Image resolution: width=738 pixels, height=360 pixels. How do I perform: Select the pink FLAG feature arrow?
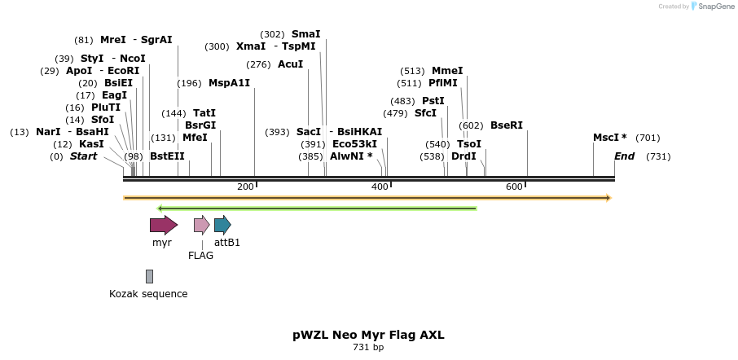pos(201,225)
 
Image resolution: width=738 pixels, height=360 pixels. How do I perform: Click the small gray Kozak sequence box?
pos(149,276)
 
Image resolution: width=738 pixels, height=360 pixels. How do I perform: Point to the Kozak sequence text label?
pos(148,294)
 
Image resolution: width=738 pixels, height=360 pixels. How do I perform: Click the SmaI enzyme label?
pos(305,34)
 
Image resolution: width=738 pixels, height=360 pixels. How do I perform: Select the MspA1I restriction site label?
pos(229,83)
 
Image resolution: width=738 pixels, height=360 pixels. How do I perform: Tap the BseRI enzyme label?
pos(506,125)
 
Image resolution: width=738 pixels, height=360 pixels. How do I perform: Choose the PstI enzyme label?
pos(433,101)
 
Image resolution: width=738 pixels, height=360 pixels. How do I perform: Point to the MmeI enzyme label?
pos(446,71)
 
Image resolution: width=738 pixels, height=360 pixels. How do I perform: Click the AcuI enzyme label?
pos(290,64)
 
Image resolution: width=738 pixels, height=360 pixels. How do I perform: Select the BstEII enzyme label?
pos(167,156)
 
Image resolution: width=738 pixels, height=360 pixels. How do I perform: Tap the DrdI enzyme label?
pos(463,156)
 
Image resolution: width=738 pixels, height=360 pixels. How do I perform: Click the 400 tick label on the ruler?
pos(380,187)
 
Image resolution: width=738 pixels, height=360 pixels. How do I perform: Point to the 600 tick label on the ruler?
pos(514,187)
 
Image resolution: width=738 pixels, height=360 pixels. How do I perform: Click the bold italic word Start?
pos(83,156)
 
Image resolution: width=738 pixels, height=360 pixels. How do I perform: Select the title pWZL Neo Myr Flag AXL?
pos(368,335)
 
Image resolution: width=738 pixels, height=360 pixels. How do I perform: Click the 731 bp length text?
pos(368,348)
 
